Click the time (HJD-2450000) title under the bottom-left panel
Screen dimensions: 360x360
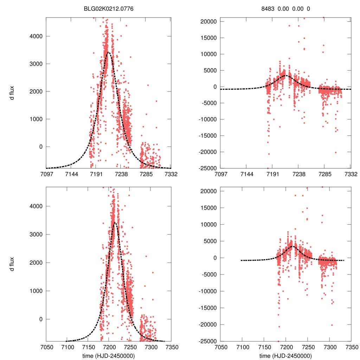coord(108,355)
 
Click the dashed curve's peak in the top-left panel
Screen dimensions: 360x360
coord(109,52)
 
